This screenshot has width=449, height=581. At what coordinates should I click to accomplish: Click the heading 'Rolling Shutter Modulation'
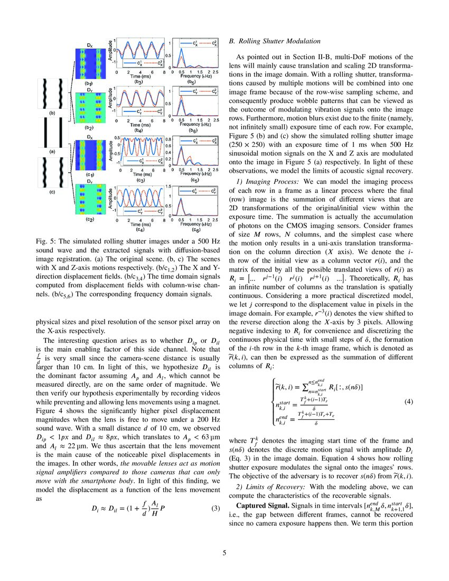pos(279,41)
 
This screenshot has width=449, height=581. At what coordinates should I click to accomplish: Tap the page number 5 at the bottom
pos(224,553)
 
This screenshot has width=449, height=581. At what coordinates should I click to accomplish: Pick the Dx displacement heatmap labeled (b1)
pos(90,63)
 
